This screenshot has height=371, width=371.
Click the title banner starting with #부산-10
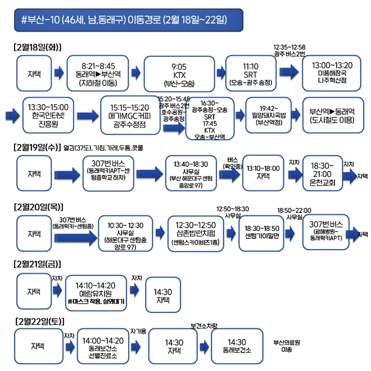coord(129,20)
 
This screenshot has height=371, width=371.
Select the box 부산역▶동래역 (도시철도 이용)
coord(334,115)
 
